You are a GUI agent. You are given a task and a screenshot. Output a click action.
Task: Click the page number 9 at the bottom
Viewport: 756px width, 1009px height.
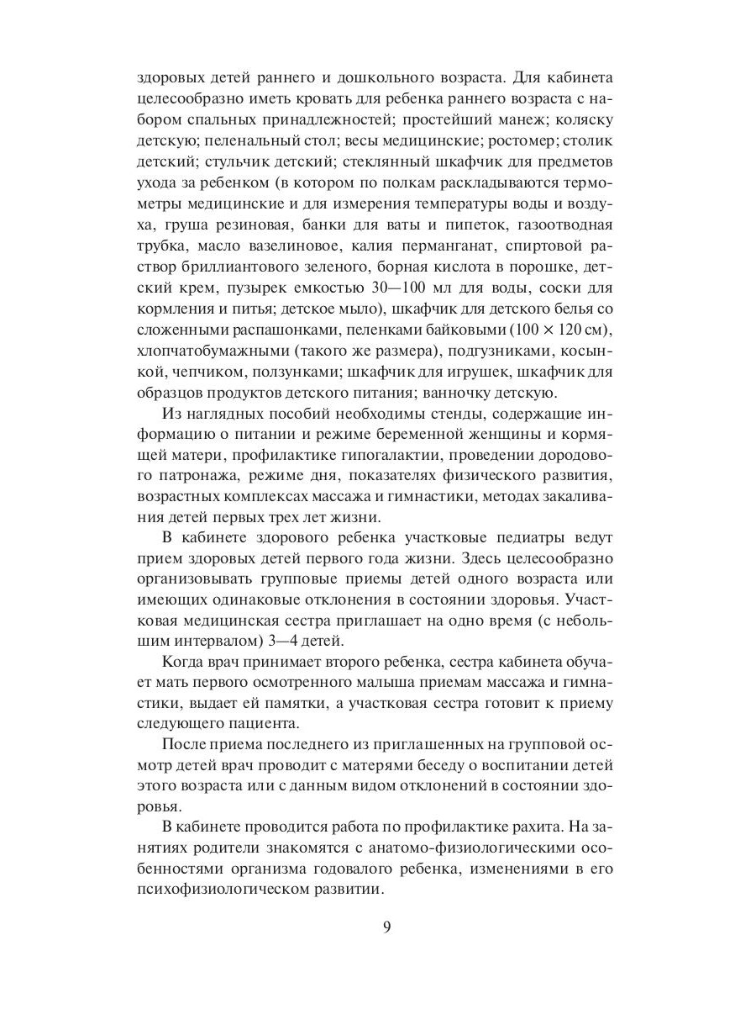pos(386,927)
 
